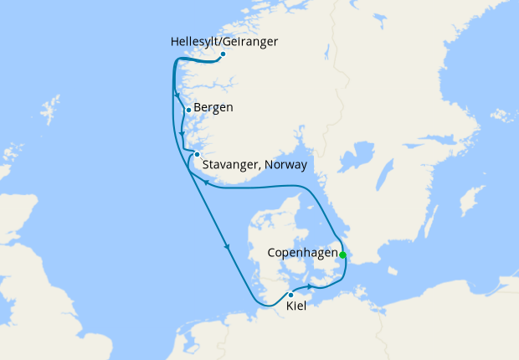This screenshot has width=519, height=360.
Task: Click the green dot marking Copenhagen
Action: coord(342,255)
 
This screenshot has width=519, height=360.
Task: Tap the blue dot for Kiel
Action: coord(290,295)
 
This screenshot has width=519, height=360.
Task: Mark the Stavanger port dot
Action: coord(196,154)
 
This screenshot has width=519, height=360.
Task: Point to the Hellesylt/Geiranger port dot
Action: coord(223,54)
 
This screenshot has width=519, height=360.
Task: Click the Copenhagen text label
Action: coord(301,252)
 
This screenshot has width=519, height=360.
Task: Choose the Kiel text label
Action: coord(295,307)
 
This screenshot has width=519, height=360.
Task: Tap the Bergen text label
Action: coord(214,109)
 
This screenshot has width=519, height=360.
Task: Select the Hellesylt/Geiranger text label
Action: coord(224,41)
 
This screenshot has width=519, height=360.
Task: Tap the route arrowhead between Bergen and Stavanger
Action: coord(182,134)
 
